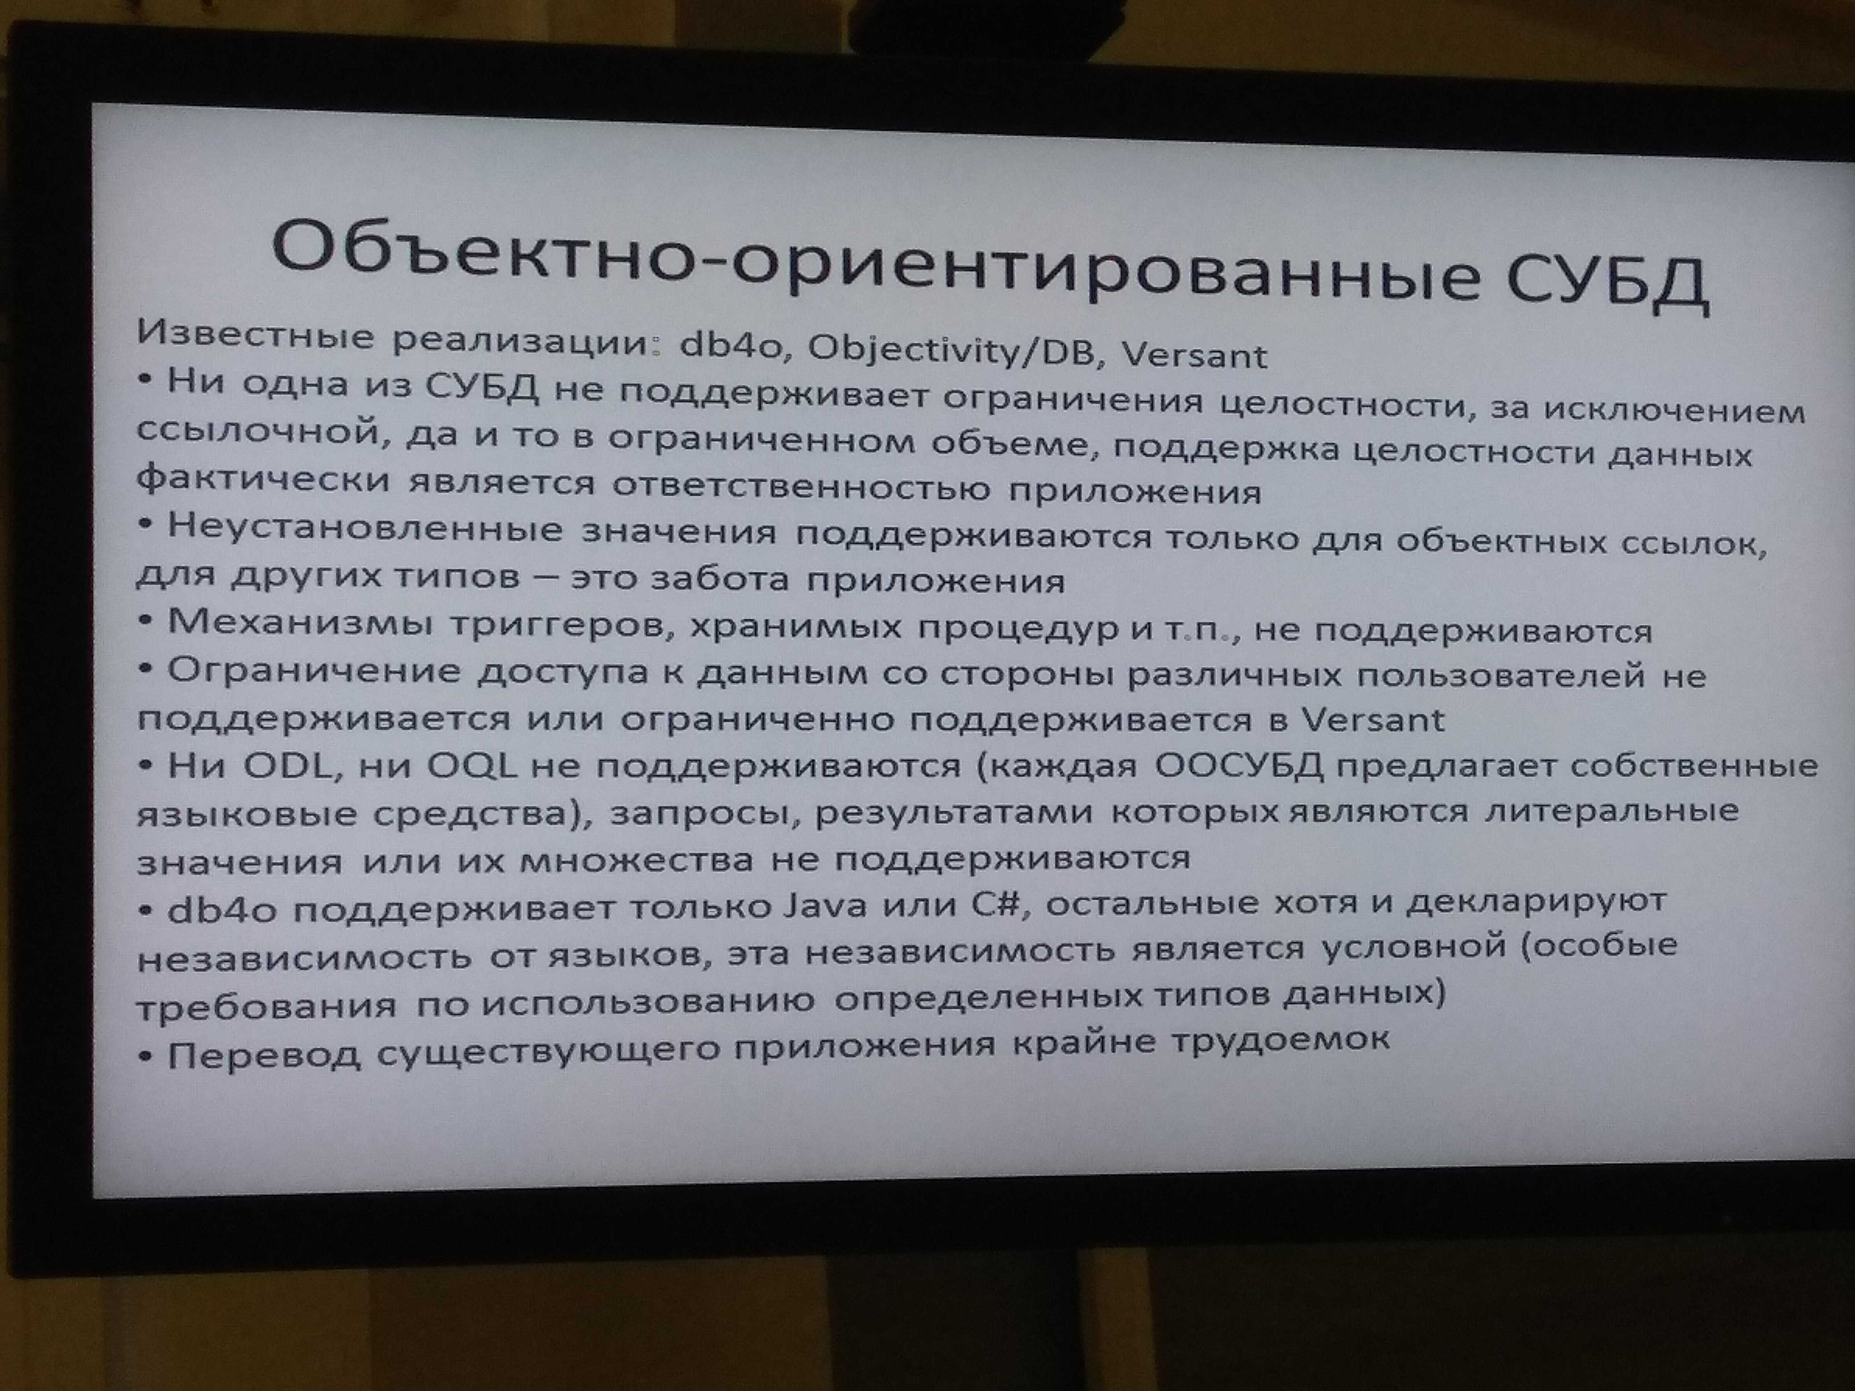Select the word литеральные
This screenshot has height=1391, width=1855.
click(x=1612, y=811)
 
